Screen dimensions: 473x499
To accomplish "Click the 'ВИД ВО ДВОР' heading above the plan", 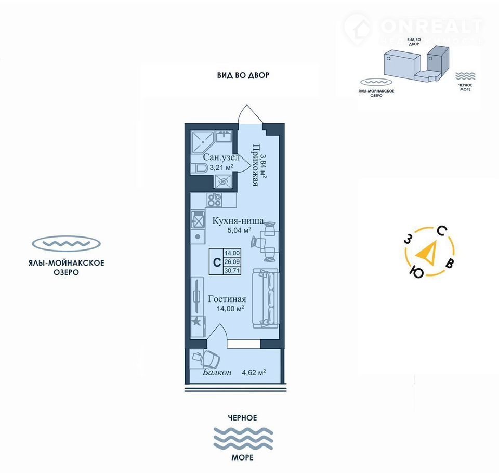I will pos(243,75).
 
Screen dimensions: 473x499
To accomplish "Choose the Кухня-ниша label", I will pos(238,220).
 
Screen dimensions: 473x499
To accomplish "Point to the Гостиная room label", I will pos(227,299).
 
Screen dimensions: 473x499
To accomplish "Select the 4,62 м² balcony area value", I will pos(254,372).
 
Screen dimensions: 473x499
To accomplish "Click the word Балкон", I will pos(214,373).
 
